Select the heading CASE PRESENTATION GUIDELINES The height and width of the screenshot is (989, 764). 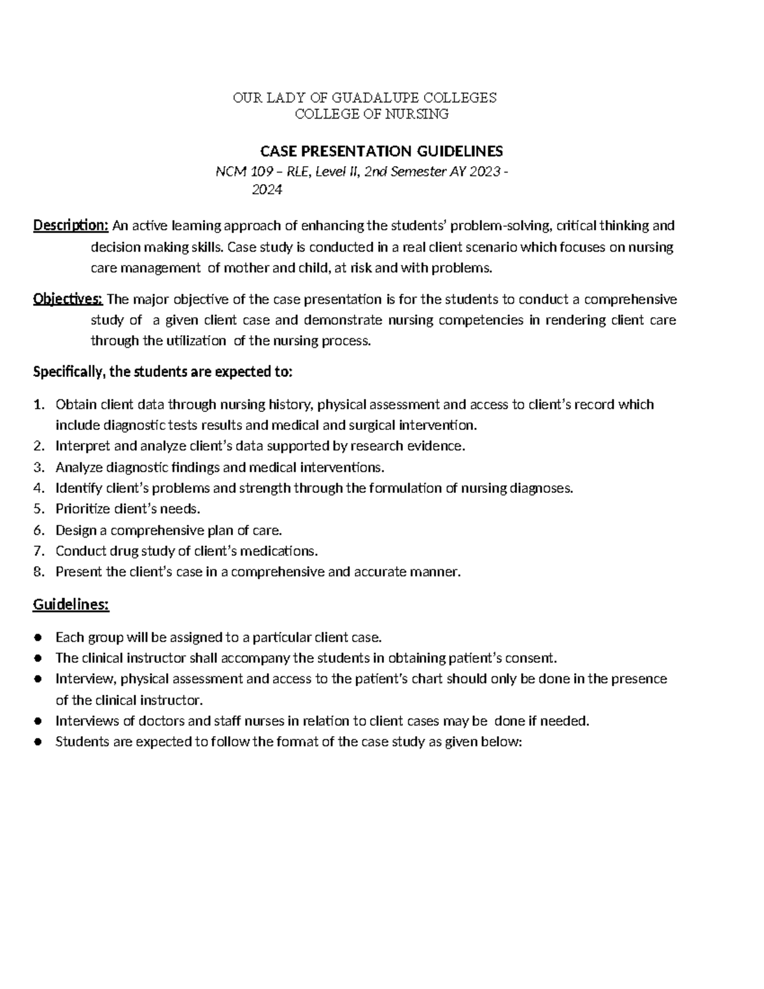[x=381, y=151]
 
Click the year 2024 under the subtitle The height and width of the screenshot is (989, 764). [x=267, y=189]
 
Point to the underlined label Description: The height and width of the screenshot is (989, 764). [x=71, y=225]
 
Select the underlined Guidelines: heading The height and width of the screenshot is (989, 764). [x=71, y=604]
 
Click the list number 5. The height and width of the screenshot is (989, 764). [x=39, y=509]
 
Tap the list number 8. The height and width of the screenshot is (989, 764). [x=39, y=572]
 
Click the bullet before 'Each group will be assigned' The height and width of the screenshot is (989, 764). [x=39, y=637]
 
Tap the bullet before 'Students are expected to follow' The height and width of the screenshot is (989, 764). [x=39, y=742]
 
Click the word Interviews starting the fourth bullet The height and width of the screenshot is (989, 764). [x=84, y=721]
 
